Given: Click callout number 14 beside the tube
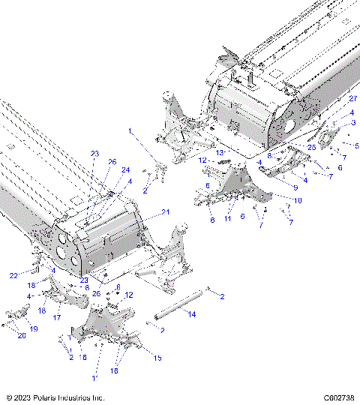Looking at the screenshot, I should point(193,314).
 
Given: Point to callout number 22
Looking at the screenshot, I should point(13,276).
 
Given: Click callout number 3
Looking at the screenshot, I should point(353,122).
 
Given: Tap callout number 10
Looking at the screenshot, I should point(298,200).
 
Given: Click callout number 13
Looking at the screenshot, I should point(220,152).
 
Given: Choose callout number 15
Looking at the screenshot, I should point(157,358).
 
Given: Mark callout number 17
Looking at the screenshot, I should point(56,317).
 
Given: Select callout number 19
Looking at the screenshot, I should point(33,328).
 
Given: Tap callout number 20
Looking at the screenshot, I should point(22,336).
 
